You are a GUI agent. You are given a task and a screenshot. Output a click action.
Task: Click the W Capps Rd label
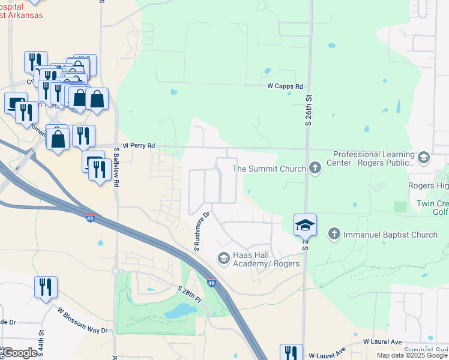coord(285,86)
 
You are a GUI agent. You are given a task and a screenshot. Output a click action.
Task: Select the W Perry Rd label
coord(139,146)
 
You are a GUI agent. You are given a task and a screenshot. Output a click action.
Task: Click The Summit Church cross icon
coord(315,169)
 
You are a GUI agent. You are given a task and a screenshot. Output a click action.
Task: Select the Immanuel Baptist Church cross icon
coord(335,235)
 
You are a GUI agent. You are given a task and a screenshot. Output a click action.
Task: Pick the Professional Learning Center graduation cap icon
coord(424,158)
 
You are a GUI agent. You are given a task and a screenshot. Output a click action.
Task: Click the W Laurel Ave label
coord(382,341)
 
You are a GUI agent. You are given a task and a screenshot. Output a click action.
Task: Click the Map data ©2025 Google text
coord(412,355)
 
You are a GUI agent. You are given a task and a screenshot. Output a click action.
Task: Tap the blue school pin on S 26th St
coord(306,225)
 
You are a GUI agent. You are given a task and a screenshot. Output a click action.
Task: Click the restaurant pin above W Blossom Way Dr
coord(46,287)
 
